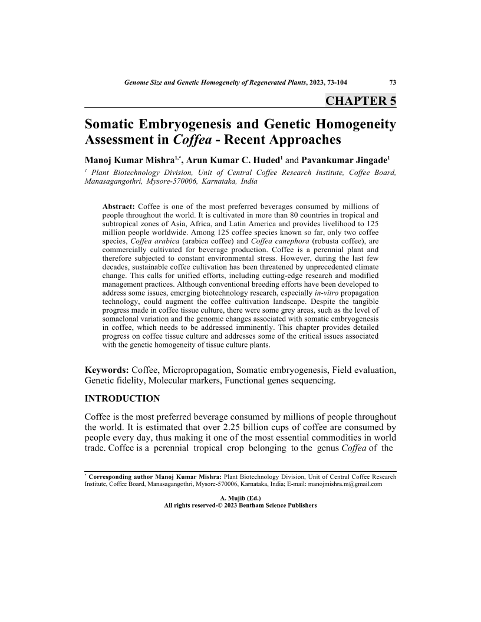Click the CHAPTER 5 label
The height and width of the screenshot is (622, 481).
tap(361, 100)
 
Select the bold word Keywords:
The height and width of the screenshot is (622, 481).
tap(107, 370)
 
